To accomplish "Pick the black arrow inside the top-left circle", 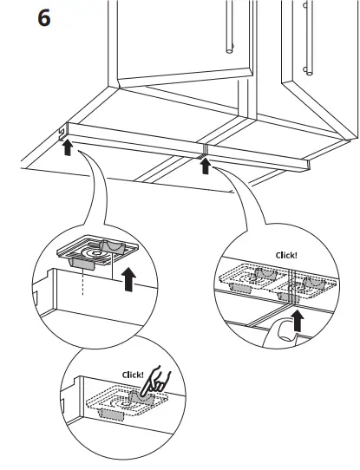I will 131,279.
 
